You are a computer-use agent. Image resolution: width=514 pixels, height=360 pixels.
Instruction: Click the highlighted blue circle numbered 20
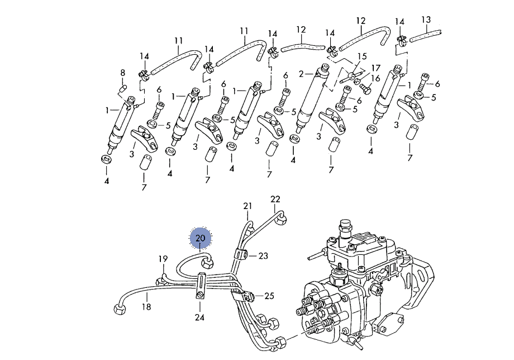pos(201,238)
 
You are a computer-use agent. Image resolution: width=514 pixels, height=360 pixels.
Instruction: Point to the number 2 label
pos(301,73)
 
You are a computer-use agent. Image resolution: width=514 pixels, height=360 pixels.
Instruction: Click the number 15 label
pos(362,56)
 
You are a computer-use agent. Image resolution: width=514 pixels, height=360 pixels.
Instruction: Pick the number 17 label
pos(375,67)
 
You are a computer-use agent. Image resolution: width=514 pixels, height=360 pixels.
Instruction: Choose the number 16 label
pos(375,78)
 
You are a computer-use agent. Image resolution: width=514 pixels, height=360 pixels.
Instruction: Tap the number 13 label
pos(426,20)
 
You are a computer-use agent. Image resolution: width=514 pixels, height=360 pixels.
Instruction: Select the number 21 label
pos(248,207)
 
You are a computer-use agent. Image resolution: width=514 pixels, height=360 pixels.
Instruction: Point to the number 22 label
pos(275,199)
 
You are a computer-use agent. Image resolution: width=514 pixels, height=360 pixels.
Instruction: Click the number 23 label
pos(263,256)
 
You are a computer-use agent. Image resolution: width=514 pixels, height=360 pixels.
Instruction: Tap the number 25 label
pos(269,296)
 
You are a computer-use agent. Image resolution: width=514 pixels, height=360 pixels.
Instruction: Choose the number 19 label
pos(163,259)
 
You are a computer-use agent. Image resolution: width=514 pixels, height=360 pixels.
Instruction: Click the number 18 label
pos(146,307)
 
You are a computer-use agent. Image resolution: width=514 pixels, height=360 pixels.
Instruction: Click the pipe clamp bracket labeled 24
pos(201,285)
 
